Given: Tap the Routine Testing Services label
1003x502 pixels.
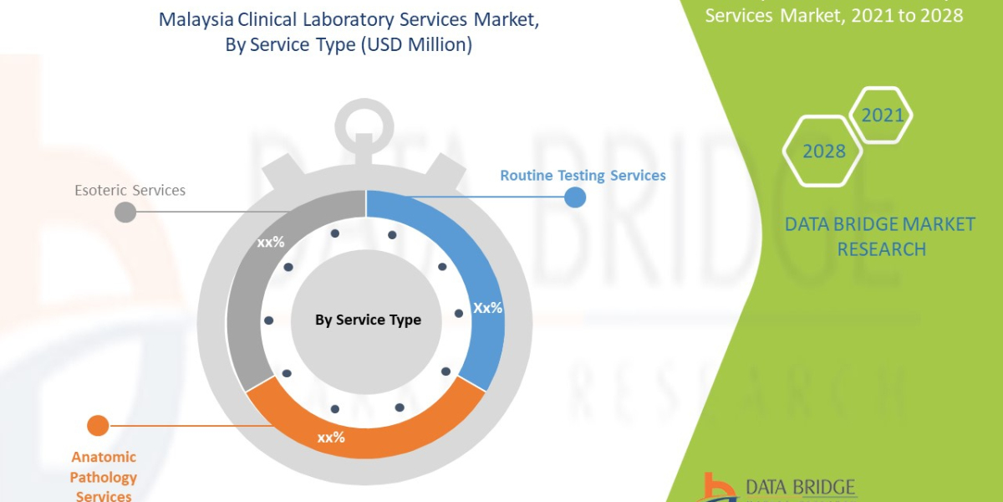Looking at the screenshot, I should pos(583,176).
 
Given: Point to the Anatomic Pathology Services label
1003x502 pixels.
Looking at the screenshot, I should pos(104,477).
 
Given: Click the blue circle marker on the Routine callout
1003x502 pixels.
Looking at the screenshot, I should pos(575,197).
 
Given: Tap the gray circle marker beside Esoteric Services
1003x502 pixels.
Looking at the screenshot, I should pos(125,212).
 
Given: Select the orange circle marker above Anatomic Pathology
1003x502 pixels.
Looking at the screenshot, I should pos(98,426).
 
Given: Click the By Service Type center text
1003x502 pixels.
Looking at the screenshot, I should pos(368,320).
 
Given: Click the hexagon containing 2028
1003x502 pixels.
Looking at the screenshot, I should pos(823,151).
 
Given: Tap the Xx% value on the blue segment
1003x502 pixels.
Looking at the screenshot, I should pos(487,308).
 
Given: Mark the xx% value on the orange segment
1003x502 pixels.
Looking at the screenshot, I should pos(330,438).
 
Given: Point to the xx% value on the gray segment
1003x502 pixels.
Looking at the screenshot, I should pos(271,243).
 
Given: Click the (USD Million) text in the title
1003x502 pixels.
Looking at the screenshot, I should pos(416,46).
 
